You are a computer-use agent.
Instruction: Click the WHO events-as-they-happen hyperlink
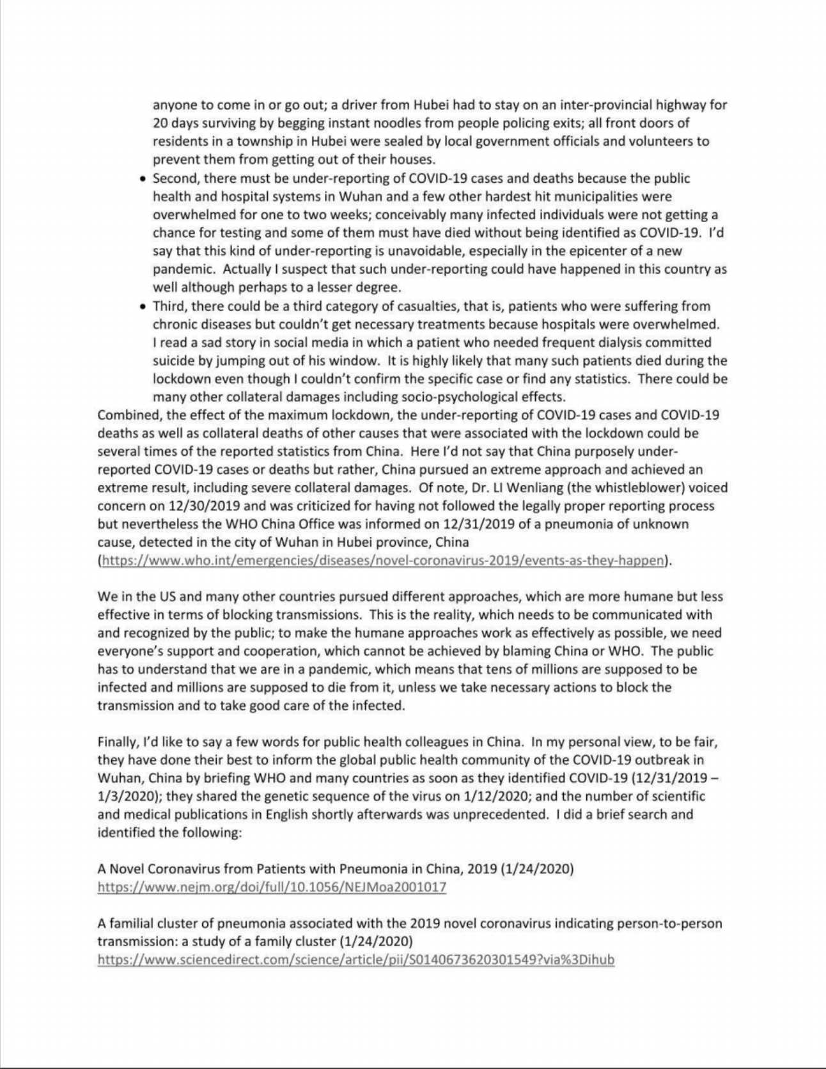(383, 561)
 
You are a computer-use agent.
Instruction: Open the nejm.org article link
(272, 887)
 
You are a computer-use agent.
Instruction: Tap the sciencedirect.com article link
(355, 960)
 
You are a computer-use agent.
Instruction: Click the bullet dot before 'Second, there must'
(143, 179)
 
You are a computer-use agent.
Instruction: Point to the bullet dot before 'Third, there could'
(143, 307)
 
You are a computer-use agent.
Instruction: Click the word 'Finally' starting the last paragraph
(117, 742)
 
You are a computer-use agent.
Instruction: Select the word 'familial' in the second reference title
(130, 924)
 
